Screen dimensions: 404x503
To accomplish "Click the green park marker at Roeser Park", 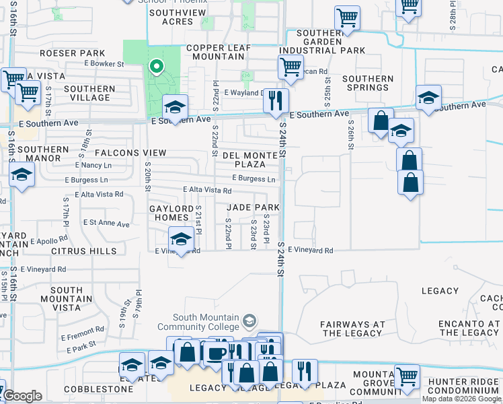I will click(156, 66).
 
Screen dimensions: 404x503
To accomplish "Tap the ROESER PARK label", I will click(73, 53).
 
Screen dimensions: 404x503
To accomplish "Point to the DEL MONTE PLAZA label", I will click(250, 160).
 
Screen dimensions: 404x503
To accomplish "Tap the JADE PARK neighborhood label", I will click(252, 207).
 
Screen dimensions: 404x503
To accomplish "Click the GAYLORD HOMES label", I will click(169, 213).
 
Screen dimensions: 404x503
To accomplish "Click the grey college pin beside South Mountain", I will click(250, 319).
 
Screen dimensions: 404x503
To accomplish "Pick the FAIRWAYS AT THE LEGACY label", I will click(352, 329).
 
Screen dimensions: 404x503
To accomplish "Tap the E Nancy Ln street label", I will click(93, 165).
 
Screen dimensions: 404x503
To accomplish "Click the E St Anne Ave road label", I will click(106, 223).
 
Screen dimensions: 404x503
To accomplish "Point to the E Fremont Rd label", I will click(82, 332).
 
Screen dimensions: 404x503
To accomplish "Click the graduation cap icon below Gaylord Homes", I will click(180, 239).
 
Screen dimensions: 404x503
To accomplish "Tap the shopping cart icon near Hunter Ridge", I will click(408, 376).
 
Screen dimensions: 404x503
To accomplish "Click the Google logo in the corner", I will click(22, 396).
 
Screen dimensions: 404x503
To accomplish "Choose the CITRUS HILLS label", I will click(83, 251).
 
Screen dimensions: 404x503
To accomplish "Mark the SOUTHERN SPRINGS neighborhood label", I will click(368, 83).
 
